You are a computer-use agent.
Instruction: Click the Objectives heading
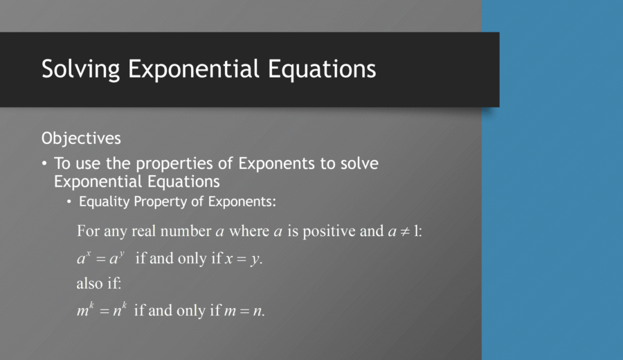pos(81,138)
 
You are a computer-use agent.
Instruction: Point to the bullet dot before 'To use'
pos(45,164)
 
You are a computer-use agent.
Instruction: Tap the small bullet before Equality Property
pos(69,202)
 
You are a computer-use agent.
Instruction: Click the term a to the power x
pos(84,258)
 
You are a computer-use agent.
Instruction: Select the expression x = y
pos(243,259)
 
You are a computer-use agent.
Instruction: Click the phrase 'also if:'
pos(98,284)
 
